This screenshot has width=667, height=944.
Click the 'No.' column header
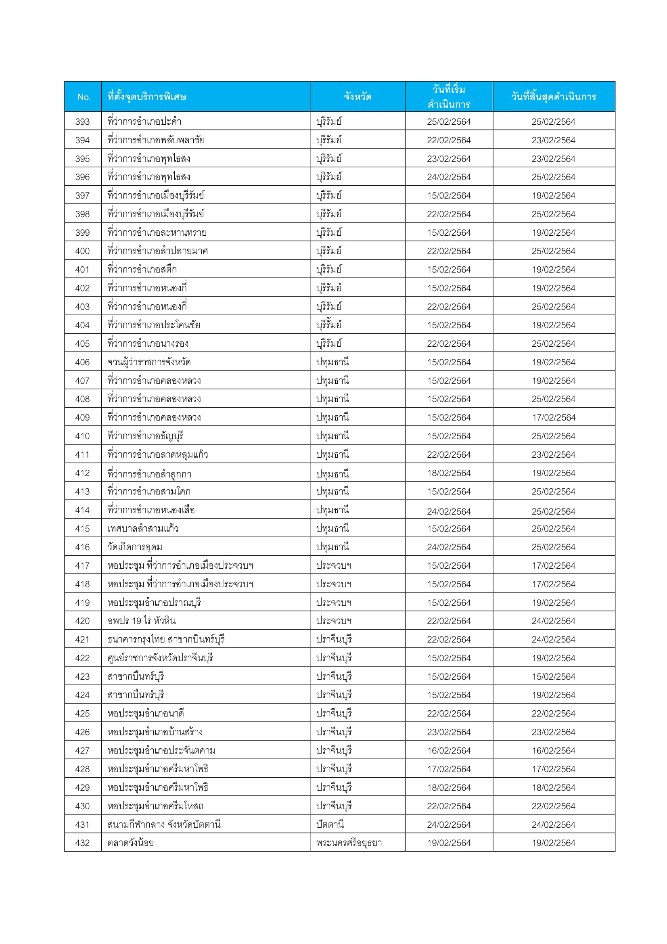point(84,97)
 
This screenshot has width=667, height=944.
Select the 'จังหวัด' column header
point(358,97)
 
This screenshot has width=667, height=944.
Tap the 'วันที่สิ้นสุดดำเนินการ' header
point(553,97)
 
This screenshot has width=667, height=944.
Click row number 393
point(82,122)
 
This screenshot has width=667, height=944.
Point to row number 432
point(82,843)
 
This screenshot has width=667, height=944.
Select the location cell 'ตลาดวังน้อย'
point(131,843)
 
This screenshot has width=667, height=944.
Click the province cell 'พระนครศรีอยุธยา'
point(349,843)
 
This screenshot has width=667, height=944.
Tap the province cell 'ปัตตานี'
point(330,825)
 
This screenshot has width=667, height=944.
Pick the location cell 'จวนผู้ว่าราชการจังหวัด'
point(149,362)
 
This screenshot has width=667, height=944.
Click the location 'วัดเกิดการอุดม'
point(135,547)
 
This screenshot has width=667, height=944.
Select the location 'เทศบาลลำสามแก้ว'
point(143,529)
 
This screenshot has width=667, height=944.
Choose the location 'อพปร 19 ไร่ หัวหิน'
point(142,621)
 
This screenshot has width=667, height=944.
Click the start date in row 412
point(449,473)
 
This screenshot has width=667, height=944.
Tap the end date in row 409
point(553,418)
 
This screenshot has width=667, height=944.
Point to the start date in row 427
point(449,751)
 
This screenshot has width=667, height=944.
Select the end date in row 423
point(553,677)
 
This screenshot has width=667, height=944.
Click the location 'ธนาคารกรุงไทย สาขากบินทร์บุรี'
point(166,639)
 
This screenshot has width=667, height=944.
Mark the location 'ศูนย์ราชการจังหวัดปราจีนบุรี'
point(160,658)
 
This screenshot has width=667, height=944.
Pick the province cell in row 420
point(334,621)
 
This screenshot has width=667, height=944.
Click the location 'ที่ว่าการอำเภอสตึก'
point(142,270)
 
